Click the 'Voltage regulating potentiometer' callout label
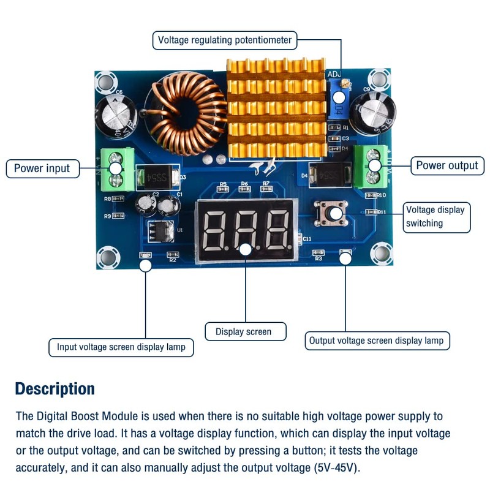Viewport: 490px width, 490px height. click(x=225, y=40)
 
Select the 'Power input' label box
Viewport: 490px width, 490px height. click(x=42, y=168)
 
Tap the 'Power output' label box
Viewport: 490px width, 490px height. click(x=447, y=165)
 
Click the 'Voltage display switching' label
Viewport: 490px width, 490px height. click(x=436, y=216)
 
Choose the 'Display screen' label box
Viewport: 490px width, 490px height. click(x=243, y=331)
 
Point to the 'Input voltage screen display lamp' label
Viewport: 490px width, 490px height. click(x=121, y=347)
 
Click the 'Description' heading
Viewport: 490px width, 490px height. click(x=55, y=389)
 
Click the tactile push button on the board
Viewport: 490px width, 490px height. click(x=331, y=213)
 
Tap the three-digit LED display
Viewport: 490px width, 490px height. click(x=246, y=232)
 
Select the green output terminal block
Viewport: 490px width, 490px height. click(x=374, y=165)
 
